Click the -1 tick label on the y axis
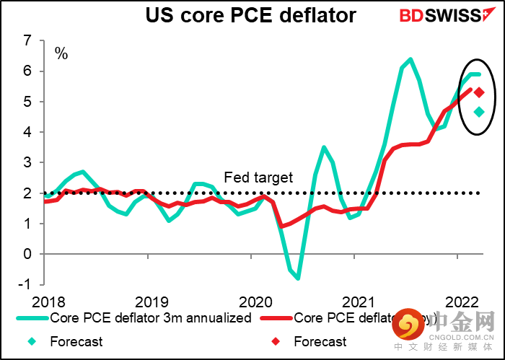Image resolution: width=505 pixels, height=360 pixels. [x=26, y=284]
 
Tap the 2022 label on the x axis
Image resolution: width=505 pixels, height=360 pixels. [x=459, y=302]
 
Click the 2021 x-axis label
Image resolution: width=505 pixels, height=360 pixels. [x=356, y=302]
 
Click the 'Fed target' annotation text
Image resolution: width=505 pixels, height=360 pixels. [x=258, y=177]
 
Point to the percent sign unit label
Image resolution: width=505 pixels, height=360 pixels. [x=61, y=53]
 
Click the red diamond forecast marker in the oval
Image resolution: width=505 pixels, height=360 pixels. [x=479, y=92]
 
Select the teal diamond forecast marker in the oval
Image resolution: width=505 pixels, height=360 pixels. [x=479, y=112]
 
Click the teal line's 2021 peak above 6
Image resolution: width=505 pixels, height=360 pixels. [x=410, y=59]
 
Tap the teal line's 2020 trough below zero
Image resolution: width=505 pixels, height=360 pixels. [x=298, y=278]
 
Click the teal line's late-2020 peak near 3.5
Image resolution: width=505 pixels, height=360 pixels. [x=324, y=147]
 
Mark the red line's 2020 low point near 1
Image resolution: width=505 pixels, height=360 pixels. [x=282, y=226]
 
